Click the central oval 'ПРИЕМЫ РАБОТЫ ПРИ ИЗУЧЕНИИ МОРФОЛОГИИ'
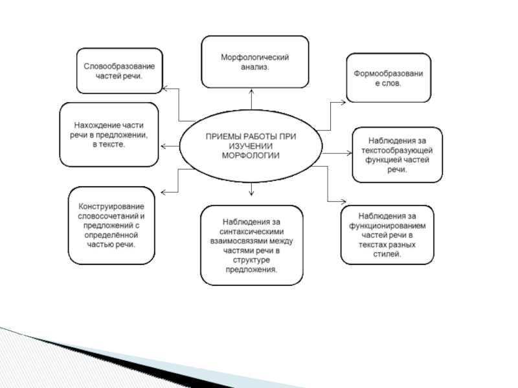(x=250, y=146)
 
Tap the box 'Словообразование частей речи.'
(x=120, y=70)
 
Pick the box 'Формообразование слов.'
(x=388, y=78)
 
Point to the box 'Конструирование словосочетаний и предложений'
(x=111, y=225)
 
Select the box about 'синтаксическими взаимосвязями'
(x=251, y=245)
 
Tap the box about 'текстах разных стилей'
(x=388, y=235)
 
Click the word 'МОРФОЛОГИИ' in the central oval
(x=250, y=156)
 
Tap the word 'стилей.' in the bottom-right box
(x=388, y=255)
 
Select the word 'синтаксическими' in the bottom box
(x=251, y=231)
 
